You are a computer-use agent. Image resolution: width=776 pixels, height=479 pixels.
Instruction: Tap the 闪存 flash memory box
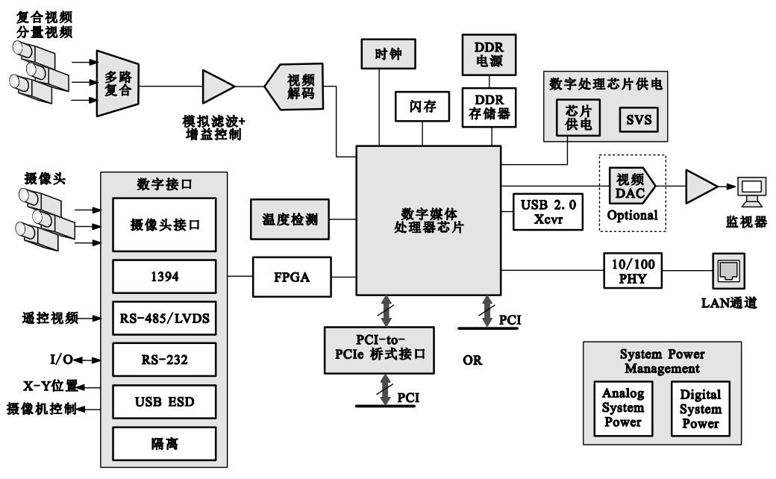point(422,107)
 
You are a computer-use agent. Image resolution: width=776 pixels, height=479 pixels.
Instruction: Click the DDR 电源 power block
point(489,54)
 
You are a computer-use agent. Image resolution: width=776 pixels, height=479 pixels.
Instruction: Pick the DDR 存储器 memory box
point(489,107)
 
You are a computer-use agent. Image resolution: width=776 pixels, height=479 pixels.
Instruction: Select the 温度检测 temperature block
point(290,219)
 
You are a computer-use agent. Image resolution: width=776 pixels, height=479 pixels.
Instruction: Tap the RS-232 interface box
point(164,360)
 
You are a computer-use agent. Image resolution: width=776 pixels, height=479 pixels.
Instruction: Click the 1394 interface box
point(164,276)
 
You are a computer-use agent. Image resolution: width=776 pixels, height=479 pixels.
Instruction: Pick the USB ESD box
point(164,402)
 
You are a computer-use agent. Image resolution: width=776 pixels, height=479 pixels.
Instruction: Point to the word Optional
point(632,216)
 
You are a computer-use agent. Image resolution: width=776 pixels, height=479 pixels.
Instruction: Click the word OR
point(472,361)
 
